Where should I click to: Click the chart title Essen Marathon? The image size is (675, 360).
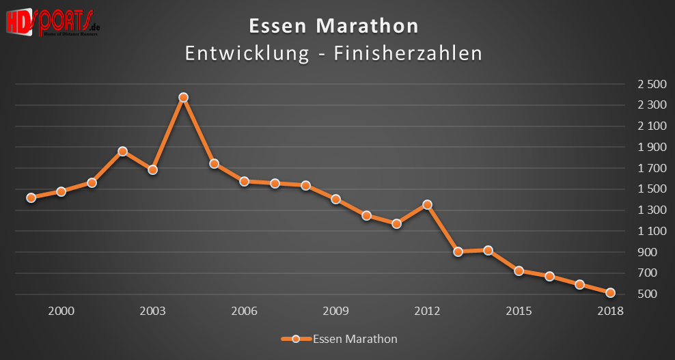coord(333,27)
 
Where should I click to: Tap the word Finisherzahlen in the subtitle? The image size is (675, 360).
coord(408,54)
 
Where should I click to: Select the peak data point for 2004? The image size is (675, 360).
coord(183,98)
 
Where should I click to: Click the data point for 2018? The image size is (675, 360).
coord(611,293)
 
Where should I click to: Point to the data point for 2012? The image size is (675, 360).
coord(427,204)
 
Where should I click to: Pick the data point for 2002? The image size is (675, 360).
coord(122,151)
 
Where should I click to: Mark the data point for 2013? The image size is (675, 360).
coord(458,251)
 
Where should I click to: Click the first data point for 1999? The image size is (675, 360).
coord(31,197)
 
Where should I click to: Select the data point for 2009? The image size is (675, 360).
coord(335,199)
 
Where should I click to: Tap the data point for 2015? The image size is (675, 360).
coord(519,271)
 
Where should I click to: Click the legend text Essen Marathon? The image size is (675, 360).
coord(355,339)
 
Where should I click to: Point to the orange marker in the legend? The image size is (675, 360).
coord(295,339)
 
